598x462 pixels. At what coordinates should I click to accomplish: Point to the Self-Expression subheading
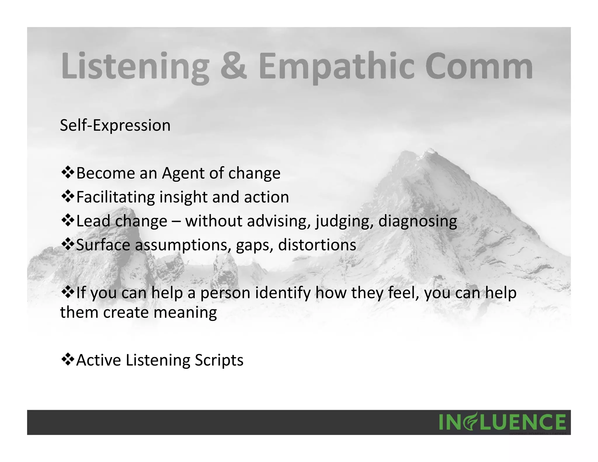[x=115, y=126]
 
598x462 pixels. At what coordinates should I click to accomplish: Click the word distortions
[x=317, y=245]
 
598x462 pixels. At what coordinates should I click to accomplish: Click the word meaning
[x=185, y=312]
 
